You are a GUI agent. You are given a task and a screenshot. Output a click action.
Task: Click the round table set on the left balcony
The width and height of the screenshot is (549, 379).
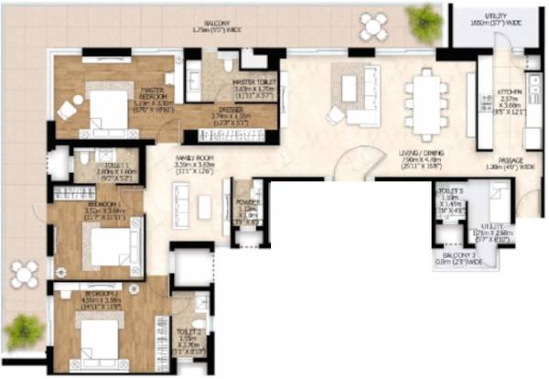(25, 274)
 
